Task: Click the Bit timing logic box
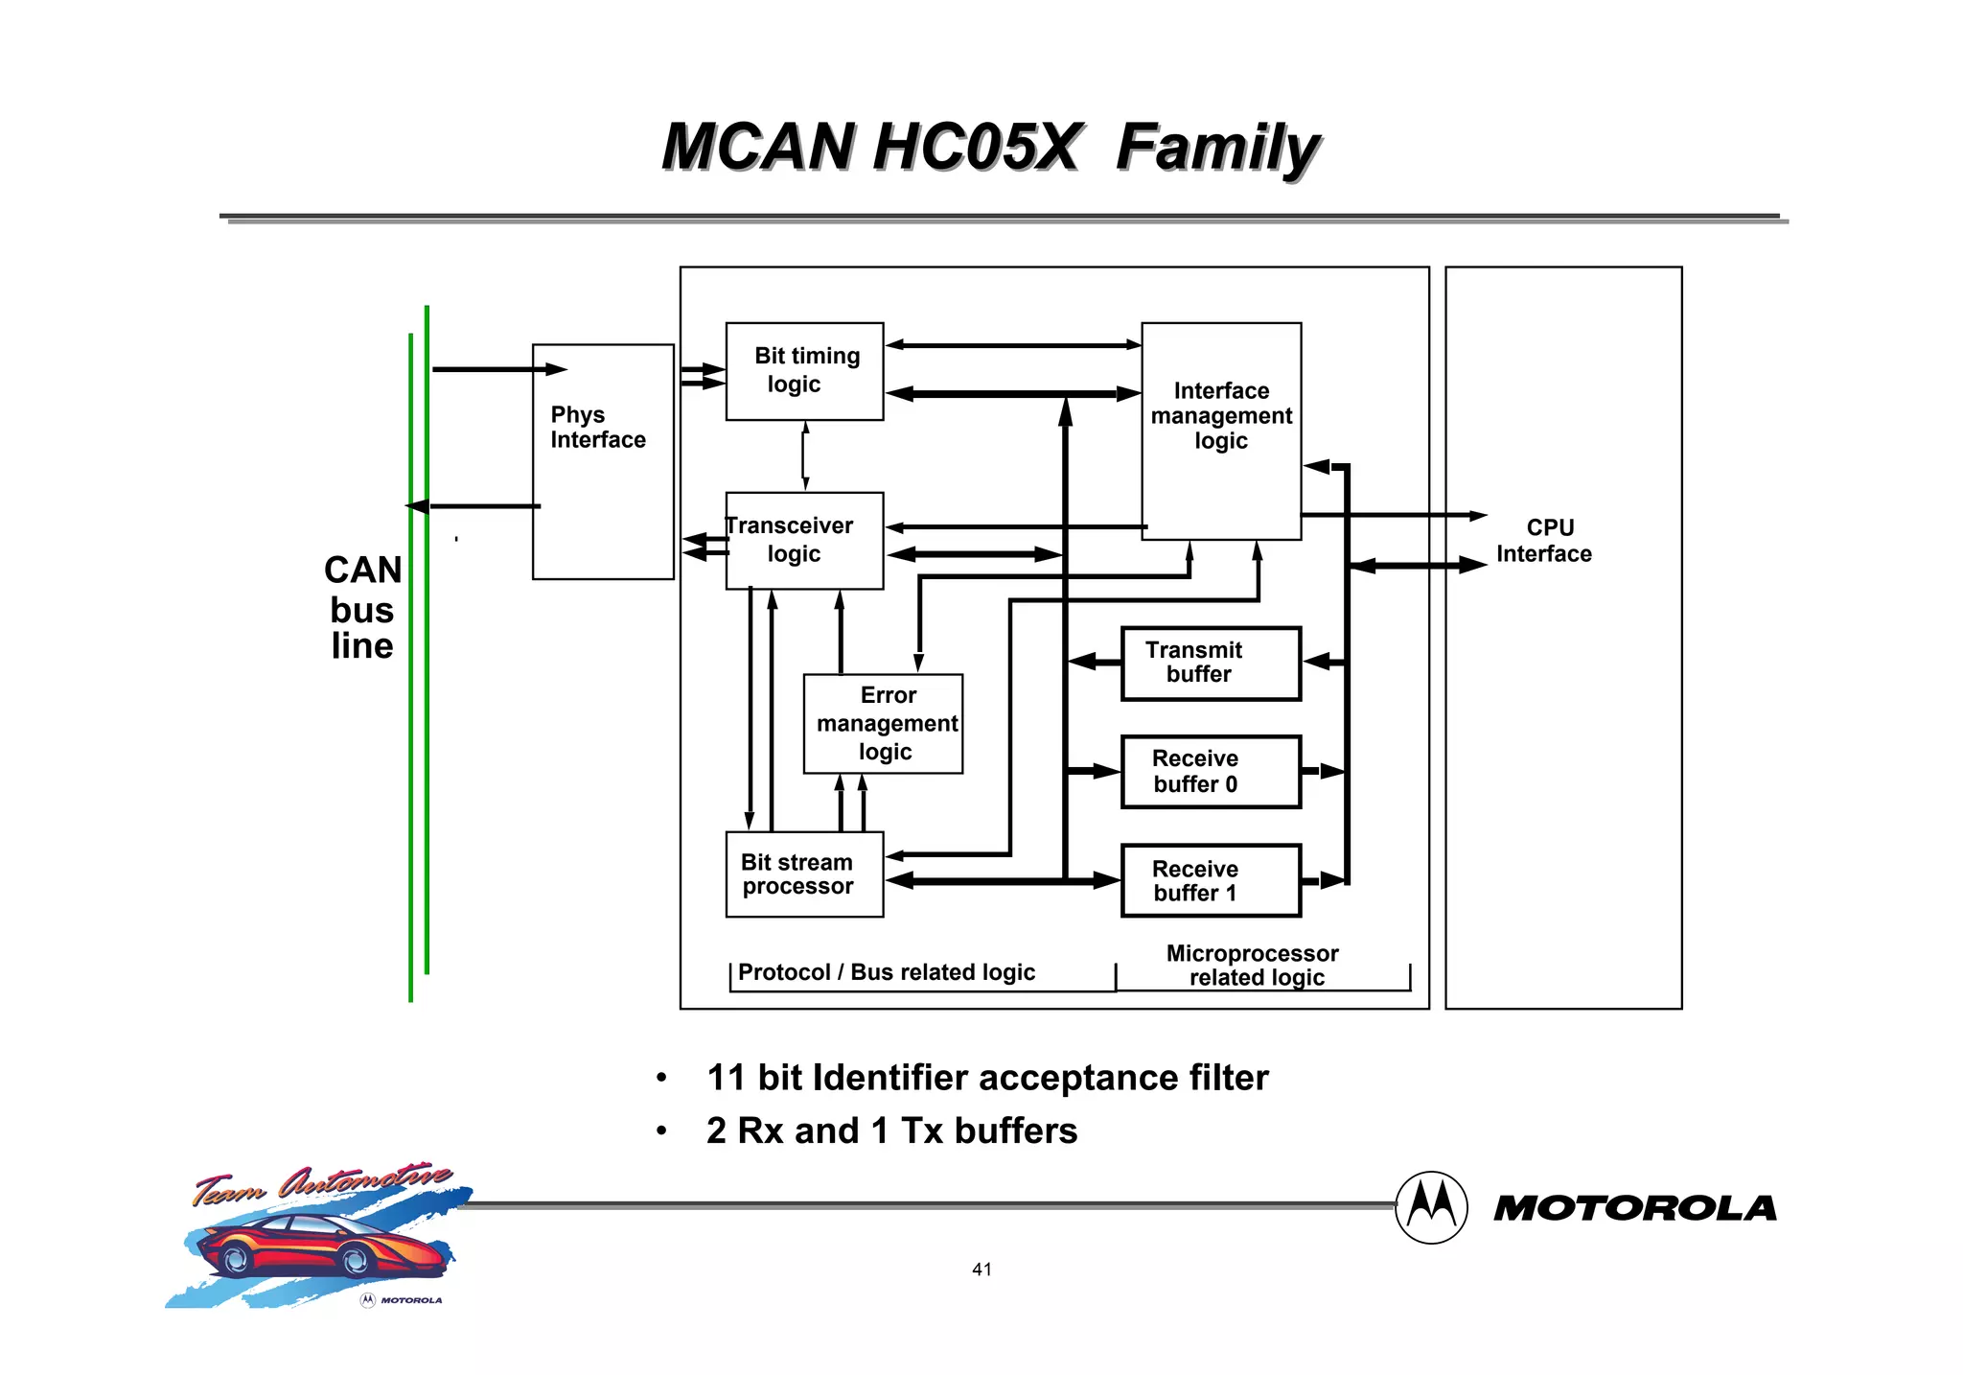(x=804, y=371)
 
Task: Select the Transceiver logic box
(x=804, y=541)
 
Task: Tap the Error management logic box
(x=883, y=724)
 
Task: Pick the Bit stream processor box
(x=804, y=874)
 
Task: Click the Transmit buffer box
(x=1211, y=664)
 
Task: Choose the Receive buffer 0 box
(x=1211, y=772)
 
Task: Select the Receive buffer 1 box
(x=1211, y=881)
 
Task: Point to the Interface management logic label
(x=1221, y=416)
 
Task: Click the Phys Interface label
(x=597, y=428)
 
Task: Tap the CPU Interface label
(x=1544, y=542)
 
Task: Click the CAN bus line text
(x=362, y=608)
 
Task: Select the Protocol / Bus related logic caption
(x=887, y=972)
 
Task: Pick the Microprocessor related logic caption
(x=1254, y=966)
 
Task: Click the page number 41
(x=981, y=1270)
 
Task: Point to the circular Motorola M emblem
(x=1431, y=1207)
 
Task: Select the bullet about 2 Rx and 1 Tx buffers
(x=891, y=1131)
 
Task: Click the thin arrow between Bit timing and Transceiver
(x=805, y=456)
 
